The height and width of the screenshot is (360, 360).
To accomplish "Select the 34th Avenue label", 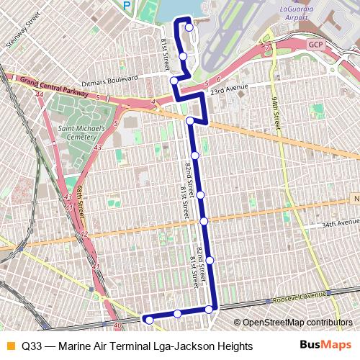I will pyautogui.click(x=320, y=225).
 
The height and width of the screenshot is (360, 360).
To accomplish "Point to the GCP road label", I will pyautogui.click(x=316, y=44).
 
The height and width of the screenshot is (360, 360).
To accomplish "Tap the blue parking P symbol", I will pyautogui.click(x=127, y=5).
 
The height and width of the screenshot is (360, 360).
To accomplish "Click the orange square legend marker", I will pyautogui.click(x=9, y=346).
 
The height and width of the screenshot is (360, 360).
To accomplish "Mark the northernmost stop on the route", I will pyautogui.click(x=189, y=28).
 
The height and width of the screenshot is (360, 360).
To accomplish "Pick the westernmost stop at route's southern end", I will pyautogui.click(x=149, y=319).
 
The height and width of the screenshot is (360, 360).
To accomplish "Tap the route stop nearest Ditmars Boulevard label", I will pyautogui.click(x=174, y=80).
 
